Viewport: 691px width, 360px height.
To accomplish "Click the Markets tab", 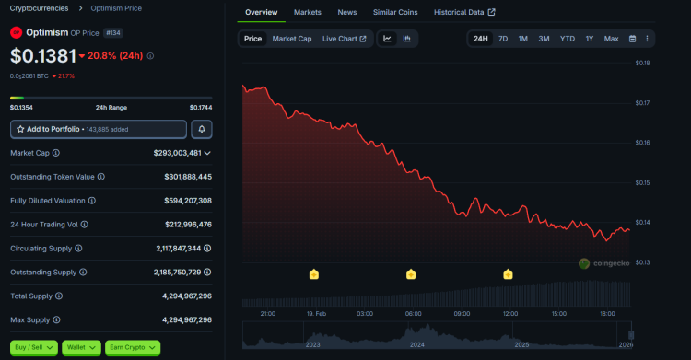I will click(309, 12).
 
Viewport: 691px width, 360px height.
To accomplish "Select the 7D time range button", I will click(502, 39).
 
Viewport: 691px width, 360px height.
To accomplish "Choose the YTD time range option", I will click(567, 39).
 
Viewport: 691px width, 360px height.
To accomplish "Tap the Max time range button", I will click(611, 39).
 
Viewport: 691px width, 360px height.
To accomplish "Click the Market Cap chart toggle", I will click(291, 39).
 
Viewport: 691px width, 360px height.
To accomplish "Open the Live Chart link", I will click(344, 39).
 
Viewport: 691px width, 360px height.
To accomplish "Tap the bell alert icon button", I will click(201, 129).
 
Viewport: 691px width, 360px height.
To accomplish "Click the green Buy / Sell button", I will click(34, 347).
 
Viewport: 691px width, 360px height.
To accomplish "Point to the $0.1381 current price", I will click(41, 55).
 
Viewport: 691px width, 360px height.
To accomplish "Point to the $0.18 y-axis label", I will click(642, 63).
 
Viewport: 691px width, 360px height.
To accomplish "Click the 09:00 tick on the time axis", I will click(462, 314).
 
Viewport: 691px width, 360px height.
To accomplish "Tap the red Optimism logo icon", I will click(16, 32).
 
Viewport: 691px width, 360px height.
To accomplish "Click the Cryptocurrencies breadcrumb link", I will click(38, 8).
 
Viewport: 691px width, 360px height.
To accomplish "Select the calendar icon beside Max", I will click(632, 39).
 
